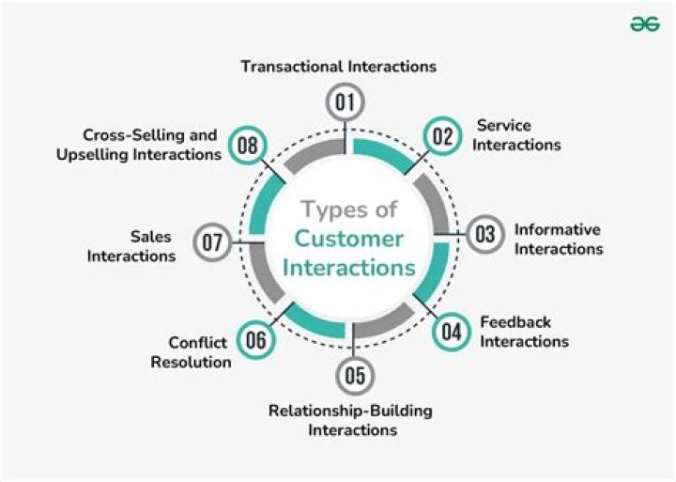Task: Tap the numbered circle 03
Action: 484,234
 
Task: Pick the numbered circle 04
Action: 452,331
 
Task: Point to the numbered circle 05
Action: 353,376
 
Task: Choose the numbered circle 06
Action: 255,339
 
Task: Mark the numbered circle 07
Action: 213,243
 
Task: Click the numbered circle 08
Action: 248,146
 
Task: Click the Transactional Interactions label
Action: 338,67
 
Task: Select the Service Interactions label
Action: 517,135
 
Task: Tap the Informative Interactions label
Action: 558,240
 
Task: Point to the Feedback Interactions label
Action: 524,332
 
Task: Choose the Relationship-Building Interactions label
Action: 351,420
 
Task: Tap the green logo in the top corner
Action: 645,24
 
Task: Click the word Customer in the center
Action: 349,238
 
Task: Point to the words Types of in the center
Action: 349,209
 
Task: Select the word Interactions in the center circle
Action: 349,268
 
